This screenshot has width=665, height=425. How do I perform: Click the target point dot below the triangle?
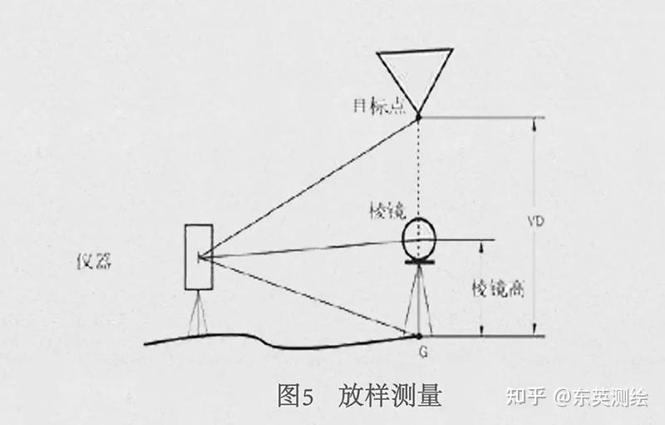pos(418,117)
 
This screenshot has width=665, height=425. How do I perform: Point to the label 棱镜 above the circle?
pos(385,210)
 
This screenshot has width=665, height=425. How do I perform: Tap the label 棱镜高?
pos(496,289)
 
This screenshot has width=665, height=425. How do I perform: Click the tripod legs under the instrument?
pos(198,313)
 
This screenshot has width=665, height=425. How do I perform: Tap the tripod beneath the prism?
pos(416,299)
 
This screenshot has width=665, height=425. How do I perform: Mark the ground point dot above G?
pos(418,335)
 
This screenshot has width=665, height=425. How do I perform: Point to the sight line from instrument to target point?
pos(308,188)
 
